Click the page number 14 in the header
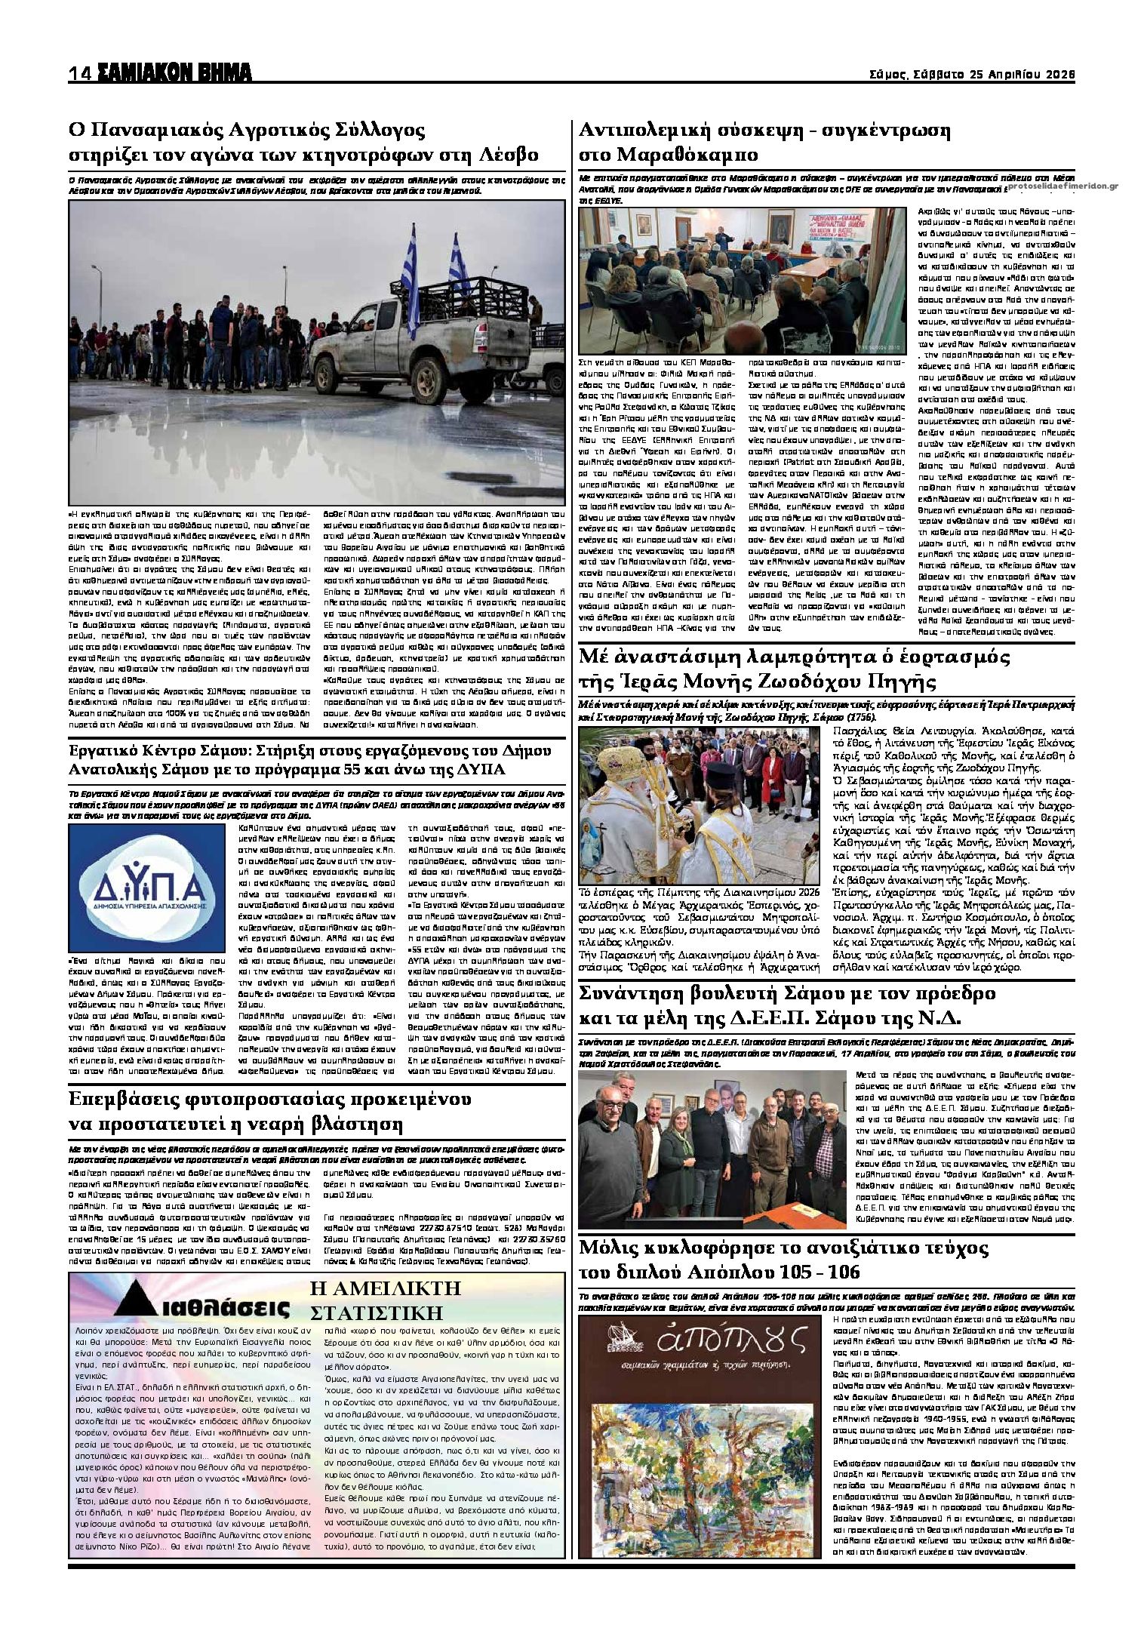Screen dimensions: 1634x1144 (x=79, y=74)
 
